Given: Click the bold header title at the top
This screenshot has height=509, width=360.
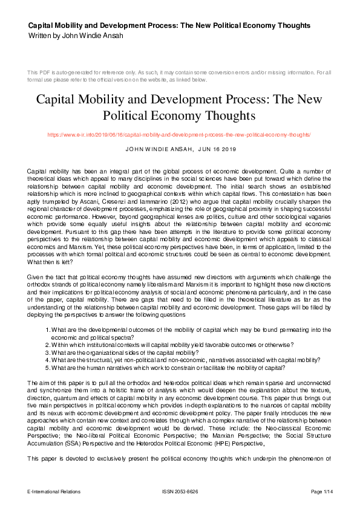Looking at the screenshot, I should pos(169,25).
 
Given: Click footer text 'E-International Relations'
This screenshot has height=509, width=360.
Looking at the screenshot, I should pos(54,492).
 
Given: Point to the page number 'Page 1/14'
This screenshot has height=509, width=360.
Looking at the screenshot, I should pos(321,492).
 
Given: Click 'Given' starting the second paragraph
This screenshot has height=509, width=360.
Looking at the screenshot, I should pos(36,260).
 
